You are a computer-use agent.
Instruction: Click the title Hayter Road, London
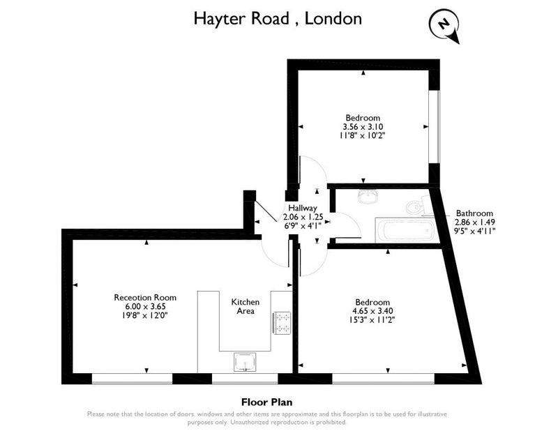pos(278,19)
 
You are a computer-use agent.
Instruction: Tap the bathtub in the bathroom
pos(405,230)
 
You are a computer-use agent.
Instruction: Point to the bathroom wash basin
pos(368,197)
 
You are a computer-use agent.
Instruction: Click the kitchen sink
pos(245,362)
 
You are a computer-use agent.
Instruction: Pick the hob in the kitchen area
pos(282,323)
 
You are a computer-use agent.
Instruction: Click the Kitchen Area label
pos(246,306)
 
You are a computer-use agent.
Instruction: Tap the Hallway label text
pos(303,208)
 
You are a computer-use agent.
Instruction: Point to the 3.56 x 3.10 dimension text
pos(363,127)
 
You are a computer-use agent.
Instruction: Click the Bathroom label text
pos(474,213)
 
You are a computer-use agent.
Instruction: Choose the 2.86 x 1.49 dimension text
pos(475,222)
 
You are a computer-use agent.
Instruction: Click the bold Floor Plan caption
pos(267,402)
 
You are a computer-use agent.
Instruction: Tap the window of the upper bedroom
pos(434,127)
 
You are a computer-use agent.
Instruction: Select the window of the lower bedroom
pos(384,379)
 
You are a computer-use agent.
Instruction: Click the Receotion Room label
pos(145,298)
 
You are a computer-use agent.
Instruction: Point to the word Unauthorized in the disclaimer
pos(250,423)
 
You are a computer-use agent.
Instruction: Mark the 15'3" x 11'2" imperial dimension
pos(372,320)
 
